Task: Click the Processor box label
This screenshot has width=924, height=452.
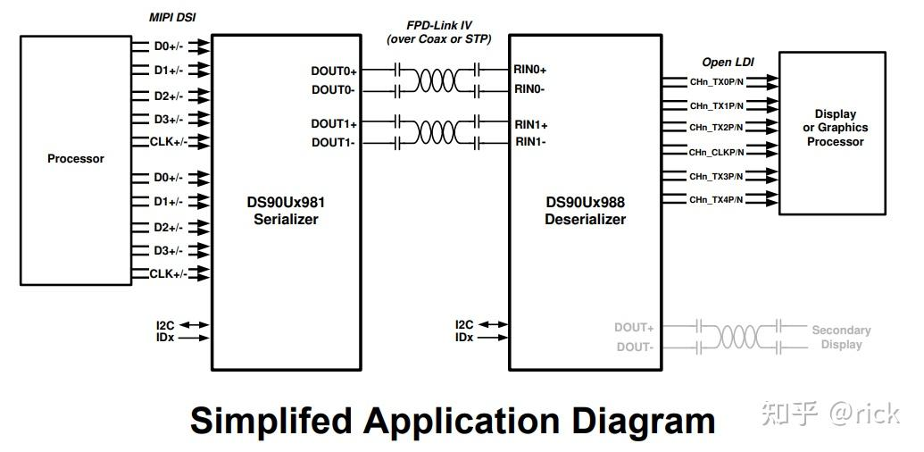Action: (x=76, y=159)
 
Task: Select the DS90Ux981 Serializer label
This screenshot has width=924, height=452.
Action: (x=286, y=211)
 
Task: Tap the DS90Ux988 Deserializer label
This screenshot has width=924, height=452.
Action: (x=585, y=211)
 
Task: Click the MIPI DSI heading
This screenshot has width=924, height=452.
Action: (x=172, y=18)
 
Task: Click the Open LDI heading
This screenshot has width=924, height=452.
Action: (x=729, y=63)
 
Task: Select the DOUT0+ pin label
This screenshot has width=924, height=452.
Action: (x=334, y=71)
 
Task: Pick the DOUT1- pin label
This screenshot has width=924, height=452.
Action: (x=334, y=143)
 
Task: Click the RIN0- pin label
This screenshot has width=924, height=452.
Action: (x=529, y=89)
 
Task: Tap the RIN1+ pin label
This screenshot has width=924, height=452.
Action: (x=531, y=124)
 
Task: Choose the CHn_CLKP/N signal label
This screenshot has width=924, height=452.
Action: (x=715, y=153)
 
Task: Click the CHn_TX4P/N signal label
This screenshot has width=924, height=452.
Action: (x=716, y=200)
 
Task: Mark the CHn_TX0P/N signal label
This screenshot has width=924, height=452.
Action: (x=716, y=82)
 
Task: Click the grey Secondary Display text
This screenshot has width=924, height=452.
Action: (x=841, y=338)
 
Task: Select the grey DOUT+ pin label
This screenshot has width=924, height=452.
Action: (x=634, y=328)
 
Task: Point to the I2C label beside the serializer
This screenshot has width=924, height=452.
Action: (x=164, y=325)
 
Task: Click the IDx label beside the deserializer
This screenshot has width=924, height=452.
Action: (x=464, y=338)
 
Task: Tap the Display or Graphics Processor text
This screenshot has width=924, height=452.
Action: (x=835, y=128)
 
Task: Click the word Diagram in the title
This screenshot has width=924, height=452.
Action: (x=633, y=421)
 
